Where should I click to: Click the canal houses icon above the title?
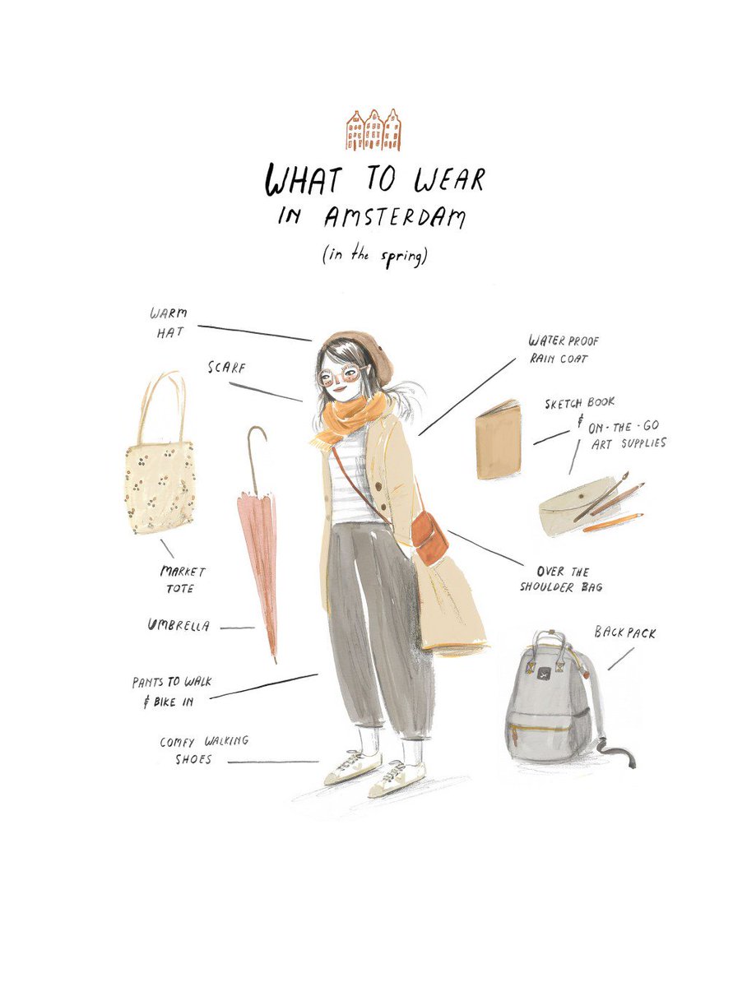373,130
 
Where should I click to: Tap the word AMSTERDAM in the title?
395,217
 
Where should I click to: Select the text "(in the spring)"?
373,256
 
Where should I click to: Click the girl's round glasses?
339,378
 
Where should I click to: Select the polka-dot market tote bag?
160,485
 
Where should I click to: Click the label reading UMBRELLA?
178,626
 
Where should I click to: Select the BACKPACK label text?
624,633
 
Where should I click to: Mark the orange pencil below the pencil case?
614,522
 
